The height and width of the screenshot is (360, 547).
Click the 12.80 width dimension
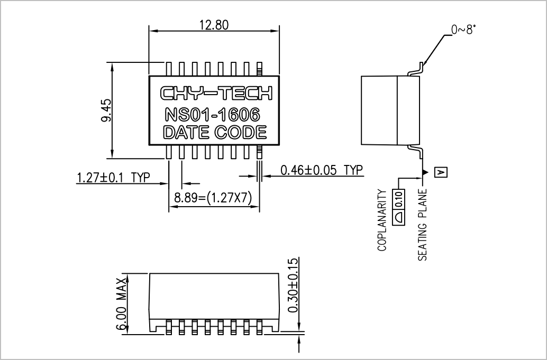pyautogui.click(x=214, y=25)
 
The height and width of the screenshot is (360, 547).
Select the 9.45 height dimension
pyautogui.click(x=106, y=110)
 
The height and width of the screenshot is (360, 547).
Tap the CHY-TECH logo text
pyautogui.click(x=216, y=93)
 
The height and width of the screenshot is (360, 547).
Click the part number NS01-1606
pyautogui.click(x=212, y=115)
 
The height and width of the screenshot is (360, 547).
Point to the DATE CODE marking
pyautogui.click(x=215, y=133)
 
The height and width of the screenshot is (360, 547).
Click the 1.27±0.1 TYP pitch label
pyautogui.click(x=113, y=178)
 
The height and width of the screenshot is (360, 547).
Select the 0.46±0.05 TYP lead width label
pyautogui.click(x=322, y=170)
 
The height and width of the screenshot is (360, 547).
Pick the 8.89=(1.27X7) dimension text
pyautogui.click(x=213, y=198)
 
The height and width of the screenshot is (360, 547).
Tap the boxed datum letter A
pyautogui.click(x=441, y=172)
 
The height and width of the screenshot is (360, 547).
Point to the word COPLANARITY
pyautogui.click(x=382, y=220)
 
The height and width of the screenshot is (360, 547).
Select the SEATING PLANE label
pyautogui.click(x=423, y=225)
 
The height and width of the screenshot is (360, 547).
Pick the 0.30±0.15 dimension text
pyautogui.click(x=294, y=285)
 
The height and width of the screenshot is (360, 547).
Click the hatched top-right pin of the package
pyautogui.click(x=259, y=69)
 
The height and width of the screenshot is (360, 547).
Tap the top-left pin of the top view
pyautogui.click(x=169, y=69)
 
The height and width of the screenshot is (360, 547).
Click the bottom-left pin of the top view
pyautogui.click(x=169, y=152)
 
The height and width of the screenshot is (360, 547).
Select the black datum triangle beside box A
pyautogui.click(x=425, y=172)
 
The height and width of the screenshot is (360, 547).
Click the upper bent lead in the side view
pyautogui.click(x=415, y=70)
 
